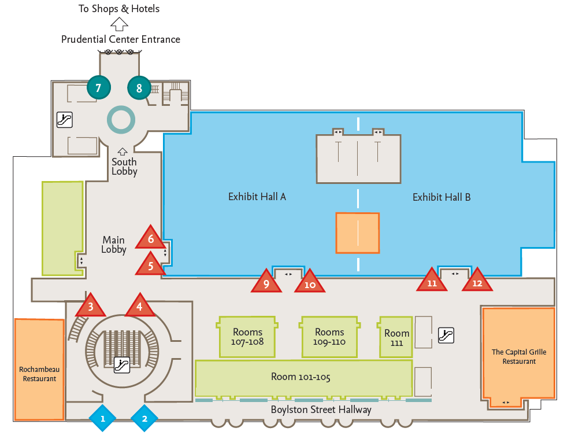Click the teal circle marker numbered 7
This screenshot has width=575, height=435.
tap(98, 88)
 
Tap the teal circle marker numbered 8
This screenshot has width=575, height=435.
tap(139, 89)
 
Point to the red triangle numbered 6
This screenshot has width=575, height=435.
tap(151, 238)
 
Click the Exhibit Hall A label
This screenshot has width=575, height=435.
tap(257, 197)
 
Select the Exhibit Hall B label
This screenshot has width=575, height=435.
tap(442, 197)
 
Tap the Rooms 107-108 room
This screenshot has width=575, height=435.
tap(247, 337)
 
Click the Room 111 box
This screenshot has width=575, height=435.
tap(396, 337)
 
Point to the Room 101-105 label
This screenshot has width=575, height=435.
tap(301, 377)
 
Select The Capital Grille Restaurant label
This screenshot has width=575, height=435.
tap(518, 356)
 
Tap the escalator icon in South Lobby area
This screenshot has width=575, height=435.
tap(64, 120)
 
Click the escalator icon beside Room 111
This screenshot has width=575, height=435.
tap(446, 335)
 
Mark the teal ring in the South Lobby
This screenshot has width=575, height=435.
tap(121, 120)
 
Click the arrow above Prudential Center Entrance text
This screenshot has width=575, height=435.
tap(120, 24)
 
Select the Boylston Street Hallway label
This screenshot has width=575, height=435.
tap(321, 410)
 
